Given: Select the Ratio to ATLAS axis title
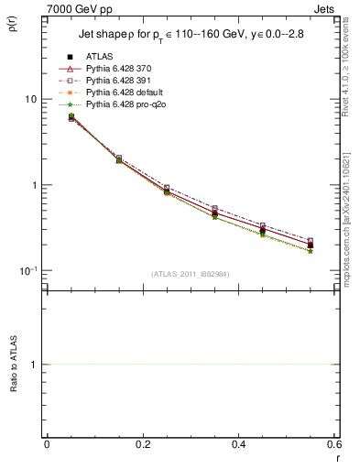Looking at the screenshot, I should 12,365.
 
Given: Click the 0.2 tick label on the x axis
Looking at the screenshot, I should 142,444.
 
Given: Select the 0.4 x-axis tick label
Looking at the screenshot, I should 238,444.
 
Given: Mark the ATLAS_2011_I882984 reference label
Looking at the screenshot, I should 190,274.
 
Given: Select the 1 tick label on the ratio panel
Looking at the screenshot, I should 33,365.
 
